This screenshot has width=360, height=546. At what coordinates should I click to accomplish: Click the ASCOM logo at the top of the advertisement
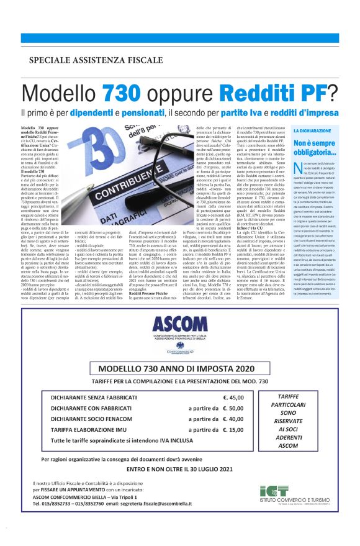tap(180, 324)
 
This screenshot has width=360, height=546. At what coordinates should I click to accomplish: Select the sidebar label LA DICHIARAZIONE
tap(311, 132)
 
